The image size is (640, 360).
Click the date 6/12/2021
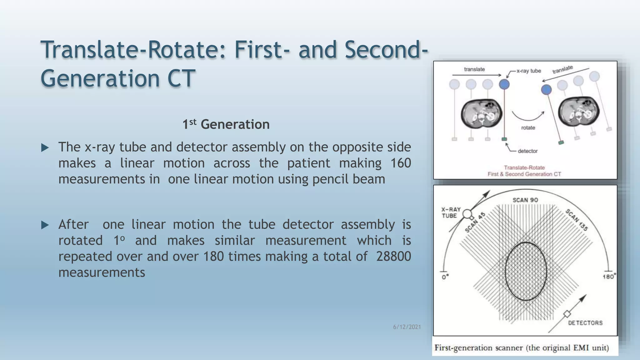[407, 327]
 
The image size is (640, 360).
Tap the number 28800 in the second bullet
[393, 256]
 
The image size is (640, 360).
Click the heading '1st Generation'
[226, 124]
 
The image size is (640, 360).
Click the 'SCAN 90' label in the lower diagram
[525, 200]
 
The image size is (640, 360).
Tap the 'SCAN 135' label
[577, 220]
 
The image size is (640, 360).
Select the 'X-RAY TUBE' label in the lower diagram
[451, 212]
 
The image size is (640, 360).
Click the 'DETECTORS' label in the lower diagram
[585, 323]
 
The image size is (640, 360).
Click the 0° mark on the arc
[445, 277]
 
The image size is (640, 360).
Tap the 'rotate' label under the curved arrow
[528, 128]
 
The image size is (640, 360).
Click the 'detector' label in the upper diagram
[527, 151]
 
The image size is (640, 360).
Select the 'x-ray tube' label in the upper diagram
[528, 71]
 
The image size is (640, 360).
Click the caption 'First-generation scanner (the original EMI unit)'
[522, 348]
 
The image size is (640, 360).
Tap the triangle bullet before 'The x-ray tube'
[45, 147]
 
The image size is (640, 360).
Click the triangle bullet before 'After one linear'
[45, 225]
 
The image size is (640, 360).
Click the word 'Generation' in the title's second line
[101, 78]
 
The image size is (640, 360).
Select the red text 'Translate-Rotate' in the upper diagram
[524, 167]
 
